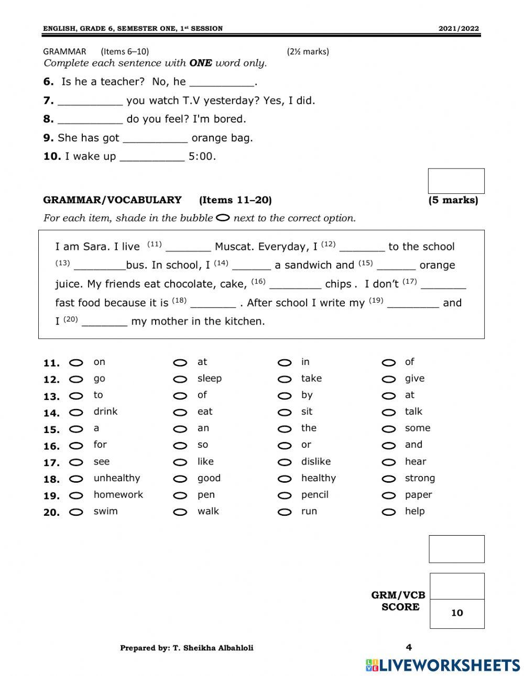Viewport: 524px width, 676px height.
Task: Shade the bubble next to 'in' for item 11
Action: coord(285,363)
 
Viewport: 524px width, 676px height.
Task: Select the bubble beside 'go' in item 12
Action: coord(77,380)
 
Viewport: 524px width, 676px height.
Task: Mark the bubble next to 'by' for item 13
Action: coord(285,396)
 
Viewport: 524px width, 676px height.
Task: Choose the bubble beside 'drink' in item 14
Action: coord(77,413)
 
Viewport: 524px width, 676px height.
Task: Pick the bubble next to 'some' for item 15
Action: coord(388,429)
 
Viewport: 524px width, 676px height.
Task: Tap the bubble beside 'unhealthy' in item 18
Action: coord(77,479)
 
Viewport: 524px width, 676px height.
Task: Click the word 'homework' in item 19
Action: coord(118,495)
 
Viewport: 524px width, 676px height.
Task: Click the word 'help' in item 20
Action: coord(414,512)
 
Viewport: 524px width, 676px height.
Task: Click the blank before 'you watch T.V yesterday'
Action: coord(90,102)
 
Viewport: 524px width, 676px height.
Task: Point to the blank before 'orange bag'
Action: coord(155,139)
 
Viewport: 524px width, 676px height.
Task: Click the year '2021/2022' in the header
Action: coord(458,29)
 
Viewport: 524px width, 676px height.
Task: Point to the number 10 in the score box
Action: coord(457,613)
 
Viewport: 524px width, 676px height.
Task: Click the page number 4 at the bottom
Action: coord(409,648)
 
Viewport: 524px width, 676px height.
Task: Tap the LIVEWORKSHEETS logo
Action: coord(443,665)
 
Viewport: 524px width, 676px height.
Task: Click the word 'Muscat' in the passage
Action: coord(234,247)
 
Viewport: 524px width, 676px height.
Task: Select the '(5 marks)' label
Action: coord(453,200)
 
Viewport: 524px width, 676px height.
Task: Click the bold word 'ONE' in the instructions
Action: coord(201,63)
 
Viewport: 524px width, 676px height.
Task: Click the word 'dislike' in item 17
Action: coord(315,462)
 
